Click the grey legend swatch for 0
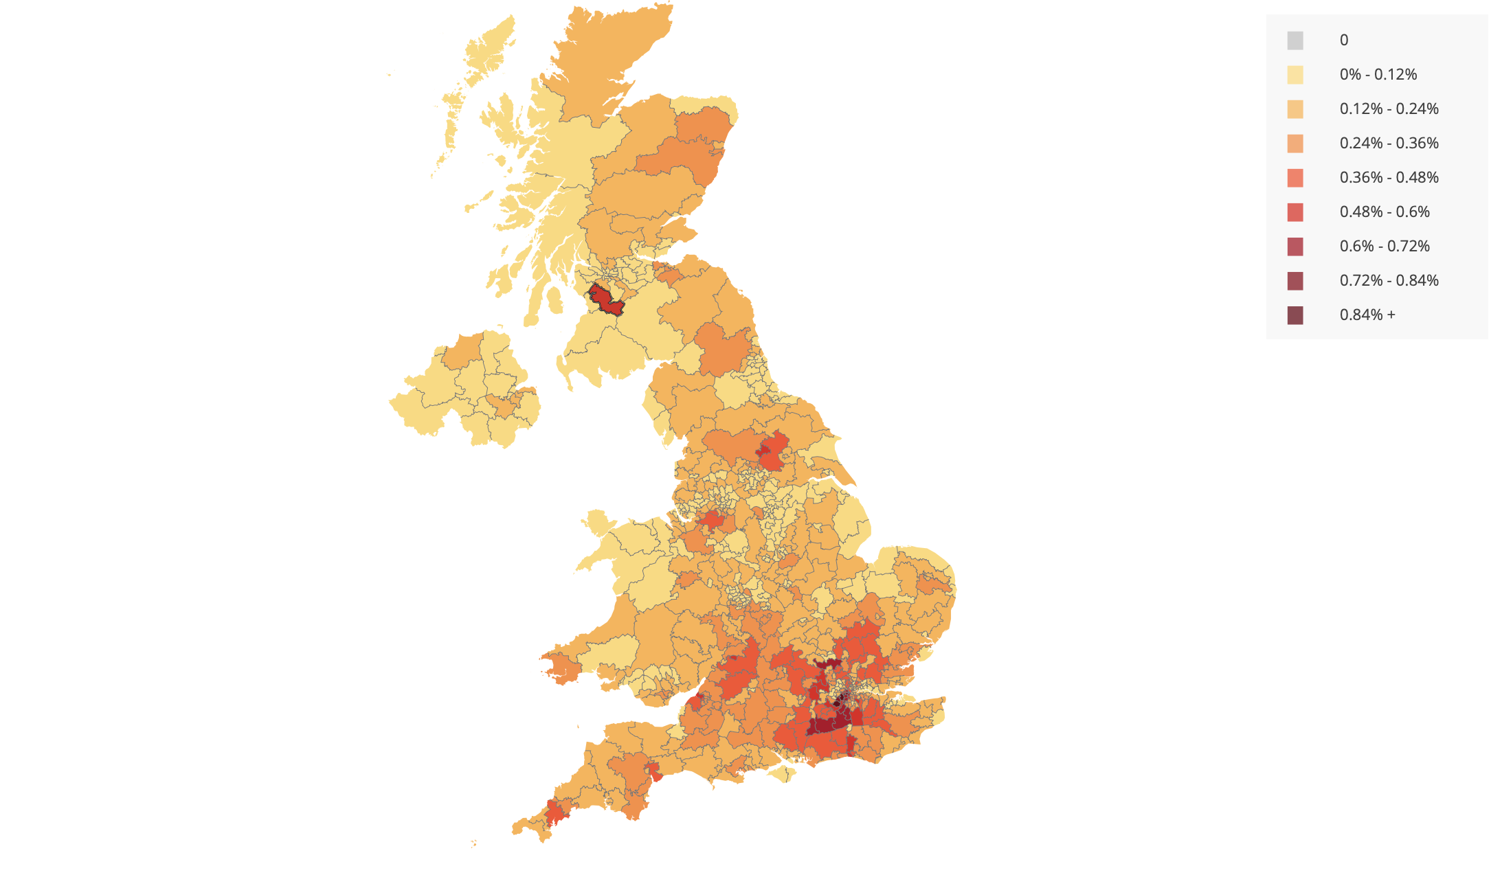tap(1294, 41)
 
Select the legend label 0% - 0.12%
tap(1378, 75)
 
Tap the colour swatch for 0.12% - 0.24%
tap(1294, 109)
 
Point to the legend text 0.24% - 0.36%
tap(1389, 144)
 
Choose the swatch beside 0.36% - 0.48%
tap(1294, 178)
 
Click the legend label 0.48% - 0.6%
tap(1384, 212)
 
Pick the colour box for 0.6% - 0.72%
tap(1294, 247)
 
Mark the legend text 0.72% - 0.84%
tap(1389, 281)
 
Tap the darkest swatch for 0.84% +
tap(1294, 315)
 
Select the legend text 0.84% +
tap(1367, 315)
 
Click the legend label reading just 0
tap(1343, 41)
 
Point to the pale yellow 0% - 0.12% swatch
tap(1294, 75)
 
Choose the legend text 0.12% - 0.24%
tap(1389, 109)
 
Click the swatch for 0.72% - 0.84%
tap(1294, 281)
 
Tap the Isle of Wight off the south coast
tap(782, 773)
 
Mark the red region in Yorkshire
tap(772, 450)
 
